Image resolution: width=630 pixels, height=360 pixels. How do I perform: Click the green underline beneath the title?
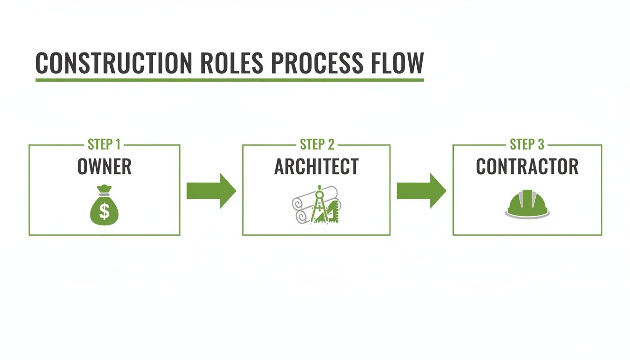(230, 80)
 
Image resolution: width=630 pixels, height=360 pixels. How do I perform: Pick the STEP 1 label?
(105, 144)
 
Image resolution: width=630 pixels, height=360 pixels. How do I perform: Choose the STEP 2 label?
(317, 144)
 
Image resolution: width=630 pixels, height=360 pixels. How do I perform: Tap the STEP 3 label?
(527, 144)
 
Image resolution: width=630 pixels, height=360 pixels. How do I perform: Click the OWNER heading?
(105, 167)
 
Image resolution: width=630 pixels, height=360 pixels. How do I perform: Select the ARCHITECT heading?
(316, 167)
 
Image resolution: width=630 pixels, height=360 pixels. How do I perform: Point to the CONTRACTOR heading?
(527, 167)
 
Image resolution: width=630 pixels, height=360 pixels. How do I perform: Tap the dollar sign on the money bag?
(104, 212)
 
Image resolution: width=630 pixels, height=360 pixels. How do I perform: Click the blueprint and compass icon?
(316, 205)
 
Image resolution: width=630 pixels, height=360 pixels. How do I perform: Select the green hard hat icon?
(527, 203)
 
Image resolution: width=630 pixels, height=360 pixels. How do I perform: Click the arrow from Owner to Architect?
(211, 191)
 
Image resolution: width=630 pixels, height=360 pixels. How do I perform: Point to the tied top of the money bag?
(104, 190)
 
